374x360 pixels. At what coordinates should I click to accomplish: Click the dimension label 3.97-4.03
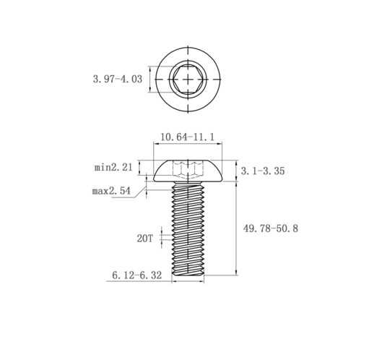pyautogui.click(x=118, y=79)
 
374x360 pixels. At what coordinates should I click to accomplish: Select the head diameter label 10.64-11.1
pyautogui.click(x=187, y=137)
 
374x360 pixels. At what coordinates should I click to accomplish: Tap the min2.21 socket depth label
pyautogui.click(x=113, y=167)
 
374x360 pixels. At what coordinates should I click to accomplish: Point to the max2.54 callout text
pyautogui.click(x=111, y=191)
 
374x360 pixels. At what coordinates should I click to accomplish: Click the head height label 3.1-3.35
pyautogui.click(x=263, y=171)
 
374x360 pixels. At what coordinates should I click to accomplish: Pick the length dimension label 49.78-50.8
pyautogui.click(x=271, y=228)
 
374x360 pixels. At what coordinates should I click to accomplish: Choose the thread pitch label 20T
pyautogui.click(x=145, y=239)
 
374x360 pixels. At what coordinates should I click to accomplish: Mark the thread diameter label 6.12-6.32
pyautogui.click(x=137, y=275)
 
